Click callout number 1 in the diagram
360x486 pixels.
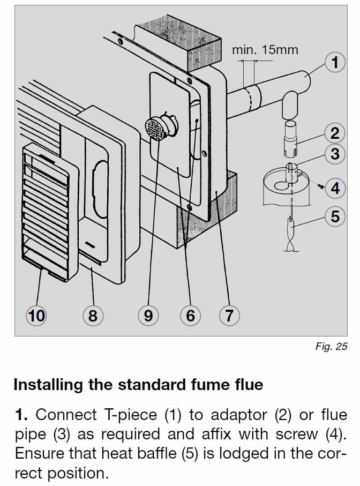click(x=335, y=63)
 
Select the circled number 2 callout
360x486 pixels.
click(x=335, y=133)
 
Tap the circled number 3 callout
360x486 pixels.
click(x=335, y=154)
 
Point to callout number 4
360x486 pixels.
click(x=335, y=188)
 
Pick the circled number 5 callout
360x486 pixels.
click(x=335, y=216)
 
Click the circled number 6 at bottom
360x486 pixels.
click(x=190, y=316)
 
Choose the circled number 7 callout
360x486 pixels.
click(x=229, y=316)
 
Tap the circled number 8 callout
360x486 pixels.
click(x=93, y=316)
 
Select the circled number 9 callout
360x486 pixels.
click(x=148, y=316)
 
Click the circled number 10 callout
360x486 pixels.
click(x=36, y=316)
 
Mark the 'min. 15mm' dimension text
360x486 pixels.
click(x=265, y=50)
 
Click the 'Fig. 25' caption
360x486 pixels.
click(x=331, y=346)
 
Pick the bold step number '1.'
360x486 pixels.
click(x=20, y=414)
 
